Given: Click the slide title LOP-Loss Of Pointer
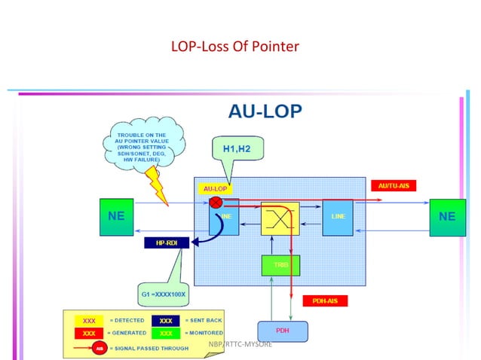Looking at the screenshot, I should [236, 47].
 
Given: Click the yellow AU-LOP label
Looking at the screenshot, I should [216, 188].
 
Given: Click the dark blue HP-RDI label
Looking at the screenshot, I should [166, 243].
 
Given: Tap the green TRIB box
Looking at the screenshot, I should [280, 265].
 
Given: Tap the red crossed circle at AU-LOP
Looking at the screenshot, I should [215, 203].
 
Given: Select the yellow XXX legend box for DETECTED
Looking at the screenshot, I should [87, 320].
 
